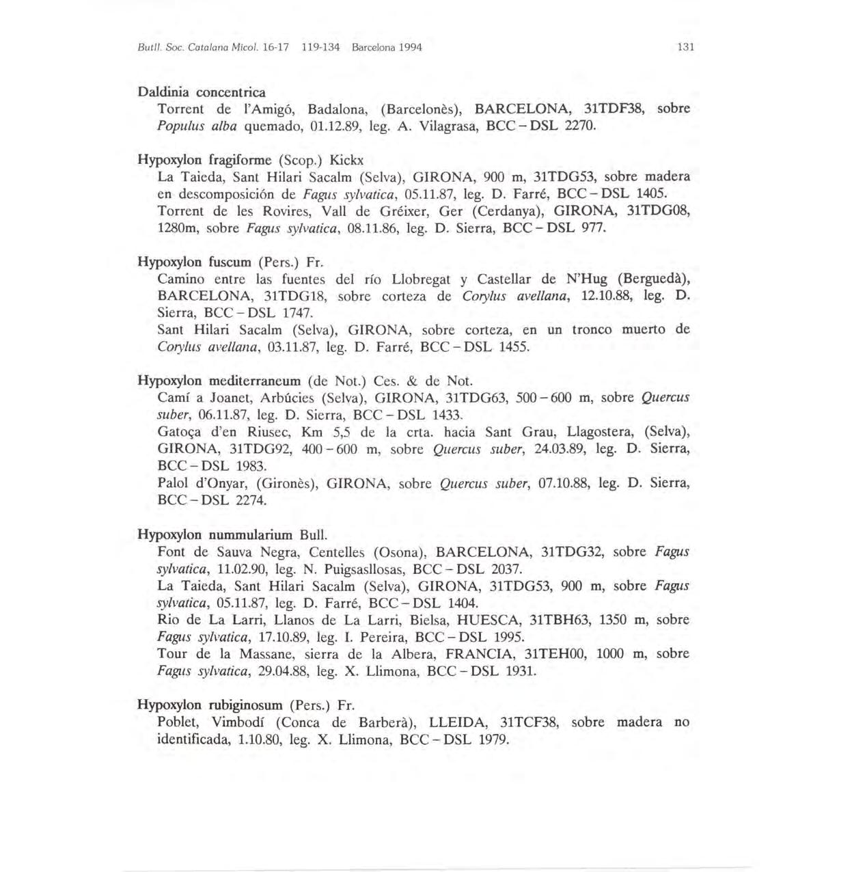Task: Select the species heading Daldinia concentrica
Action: click(x=202, y=92)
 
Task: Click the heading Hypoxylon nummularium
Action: click(x=215, y=534)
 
